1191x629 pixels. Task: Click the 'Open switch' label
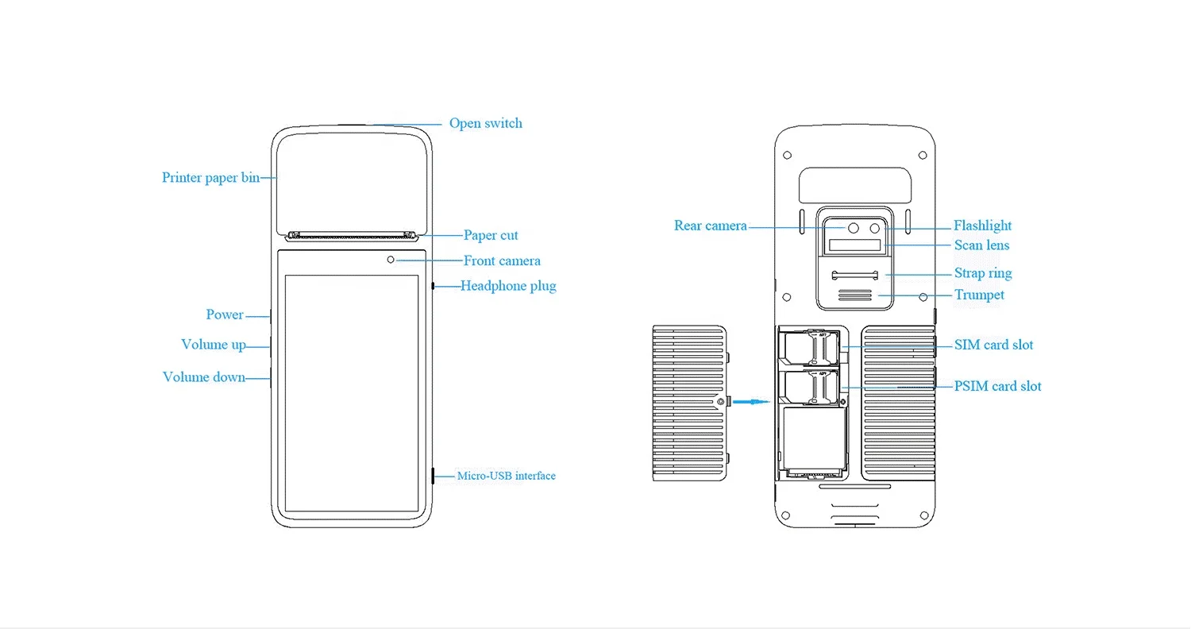(485, 123)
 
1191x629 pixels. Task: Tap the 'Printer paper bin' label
(211, 178)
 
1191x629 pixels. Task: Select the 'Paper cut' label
(491, 235)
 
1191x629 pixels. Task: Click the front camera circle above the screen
(391, 260)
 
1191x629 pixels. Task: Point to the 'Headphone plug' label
(508, 286)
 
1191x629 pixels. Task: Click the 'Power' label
(225, 314)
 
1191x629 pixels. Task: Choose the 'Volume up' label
(214, 345)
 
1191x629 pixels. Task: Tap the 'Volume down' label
(204, 377)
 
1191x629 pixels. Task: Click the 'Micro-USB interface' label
(507, 476)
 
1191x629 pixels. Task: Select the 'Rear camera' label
(711, 226)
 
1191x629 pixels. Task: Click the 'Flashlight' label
(983, 226)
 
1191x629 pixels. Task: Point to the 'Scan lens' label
(981, 245)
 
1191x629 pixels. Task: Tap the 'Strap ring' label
(983, 273)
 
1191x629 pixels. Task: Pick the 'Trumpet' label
(979, 295)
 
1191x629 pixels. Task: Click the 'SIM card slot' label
(994, 345)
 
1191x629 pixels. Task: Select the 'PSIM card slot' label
(997, 386)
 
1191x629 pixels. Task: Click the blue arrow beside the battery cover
(751, 401)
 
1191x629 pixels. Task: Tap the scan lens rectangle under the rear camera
(855, 245)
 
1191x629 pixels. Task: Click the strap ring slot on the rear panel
(855, 275)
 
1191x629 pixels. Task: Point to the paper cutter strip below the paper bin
(352, 236)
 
